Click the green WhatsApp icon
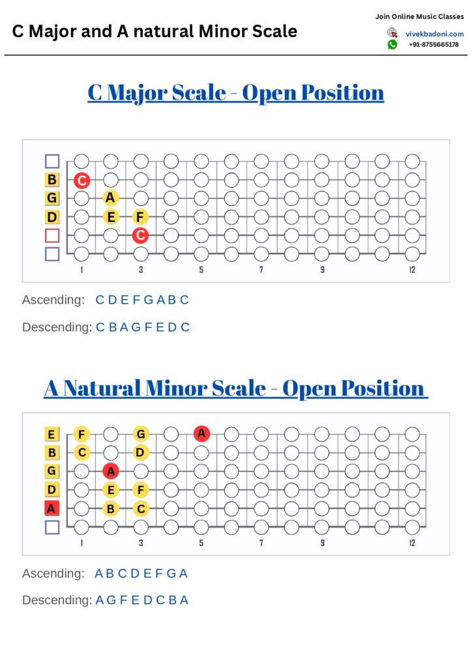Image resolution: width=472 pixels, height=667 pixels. pos(392,44)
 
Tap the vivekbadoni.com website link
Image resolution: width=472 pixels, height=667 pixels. pos(434,34)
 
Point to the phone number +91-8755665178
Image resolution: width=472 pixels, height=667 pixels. pos(434,45)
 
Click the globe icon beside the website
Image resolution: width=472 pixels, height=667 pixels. pos(392,33)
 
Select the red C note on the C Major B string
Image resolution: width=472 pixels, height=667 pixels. pos(81,180)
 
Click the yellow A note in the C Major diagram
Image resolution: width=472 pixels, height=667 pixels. pos(111,198)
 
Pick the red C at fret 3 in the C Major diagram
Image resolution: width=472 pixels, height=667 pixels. pos(140,234)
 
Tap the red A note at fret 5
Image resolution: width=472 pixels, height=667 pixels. pos(201,433)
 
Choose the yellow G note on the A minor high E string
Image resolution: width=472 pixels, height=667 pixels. pos(140,434)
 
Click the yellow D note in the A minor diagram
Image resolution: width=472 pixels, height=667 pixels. pos(140,452)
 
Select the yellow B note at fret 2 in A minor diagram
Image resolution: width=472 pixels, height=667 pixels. pos(111,508)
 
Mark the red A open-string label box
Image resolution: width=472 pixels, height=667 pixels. pos(52,508)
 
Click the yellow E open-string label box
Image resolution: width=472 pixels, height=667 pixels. pos(52,434)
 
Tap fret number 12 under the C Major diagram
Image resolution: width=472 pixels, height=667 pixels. pos(412,270)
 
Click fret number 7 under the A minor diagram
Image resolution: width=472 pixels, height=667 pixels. pos(261,543)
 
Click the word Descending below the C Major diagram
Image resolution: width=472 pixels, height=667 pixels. pos(56,327)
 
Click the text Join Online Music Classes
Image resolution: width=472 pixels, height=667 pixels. pos(419,16)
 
